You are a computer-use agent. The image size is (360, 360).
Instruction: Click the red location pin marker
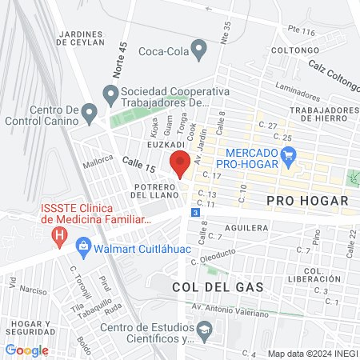[x=180, y=164]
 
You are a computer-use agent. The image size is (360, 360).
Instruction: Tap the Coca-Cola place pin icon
[x=202, y=52]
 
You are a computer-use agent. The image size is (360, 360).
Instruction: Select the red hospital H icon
[x=58, y=237]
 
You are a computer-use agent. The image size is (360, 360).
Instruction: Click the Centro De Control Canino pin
[x=89, y=111]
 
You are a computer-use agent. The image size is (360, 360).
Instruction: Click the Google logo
[x=26, y=350]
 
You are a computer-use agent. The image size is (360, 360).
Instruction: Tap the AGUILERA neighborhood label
[x=246, y=228]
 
